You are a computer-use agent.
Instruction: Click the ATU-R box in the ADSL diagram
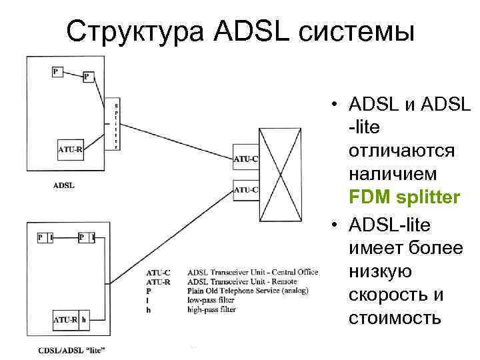[x=71, y=150]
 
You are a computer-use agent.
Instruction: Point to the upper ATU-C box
[x=245, y=159]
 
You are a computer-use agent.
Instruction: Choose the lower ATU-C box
[x=245, y=190]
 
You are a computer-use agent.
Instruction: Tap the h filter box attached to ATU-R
[x=85, y=321]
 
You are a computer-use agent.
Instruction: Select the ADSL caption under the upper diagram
[x=64, y=185]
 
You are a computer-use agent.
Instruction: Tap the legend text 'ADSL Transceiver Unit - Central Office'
[x=253, y=272]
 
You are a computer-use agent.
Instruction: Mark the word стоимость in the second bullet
[x=395, y=317]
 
